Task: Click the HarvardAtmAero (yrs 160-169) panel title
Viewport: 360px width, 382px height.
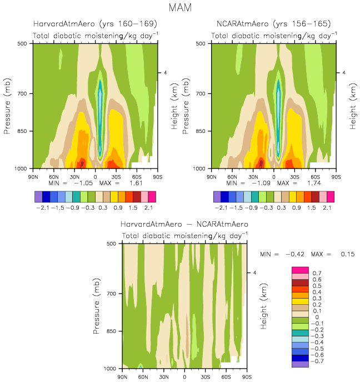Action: pyautogui.click(x=95, y=24)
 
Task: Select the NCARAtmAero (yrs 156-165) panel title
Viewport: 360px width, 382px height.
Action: pyautogui.click(x=273, y=24)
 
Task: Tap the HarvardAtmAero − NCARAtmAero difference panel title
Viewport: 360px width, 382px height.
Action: pyautogui.click(x=184, y=224)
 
